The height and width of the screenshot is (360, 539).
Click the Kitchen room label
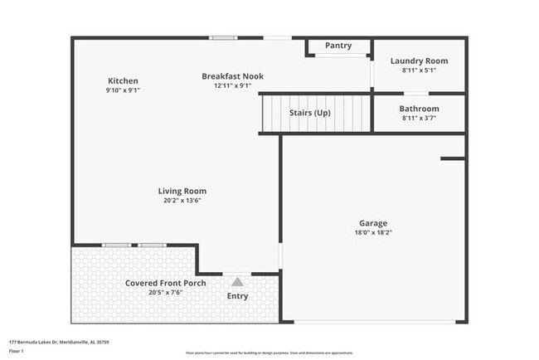(123, 80)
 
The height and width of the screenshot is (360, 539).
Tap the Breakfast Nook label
(232, 75)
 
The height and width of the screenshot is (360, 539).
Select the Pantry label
(337, 46)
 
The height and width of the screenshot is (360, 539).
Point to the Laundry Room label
(419, 61)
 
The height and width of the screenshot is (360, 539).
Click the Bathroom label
(419, 109)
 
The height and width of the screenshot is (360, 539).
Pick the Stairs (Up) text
(309, 112)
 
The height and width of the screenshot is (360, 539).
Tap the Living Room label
(182, 191)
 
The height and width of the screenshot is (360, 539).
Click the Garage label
(372, 223)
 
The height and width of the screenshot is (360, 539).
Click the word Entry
(237, 296)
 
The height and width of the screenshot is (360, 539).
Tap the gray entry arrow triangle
(237, 282)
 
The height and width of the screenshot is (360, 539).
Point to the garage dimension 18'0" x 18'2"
(372, 233)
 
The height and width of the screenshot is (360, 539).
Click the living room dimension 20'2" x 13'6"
(182, 200)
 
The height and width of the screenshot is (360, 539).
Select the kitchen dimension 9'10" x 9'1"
(123, 90)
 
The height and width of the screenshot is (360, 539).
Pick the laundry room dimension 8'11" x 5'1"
(419, 71)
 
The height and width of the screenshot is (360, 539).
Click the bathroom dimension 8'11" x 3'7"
(419, 119)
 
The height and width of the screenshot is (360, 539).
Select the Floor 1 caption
(17, 350)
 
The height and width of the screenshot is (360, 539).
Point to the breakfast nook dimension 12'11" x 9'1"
(232, 85)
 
